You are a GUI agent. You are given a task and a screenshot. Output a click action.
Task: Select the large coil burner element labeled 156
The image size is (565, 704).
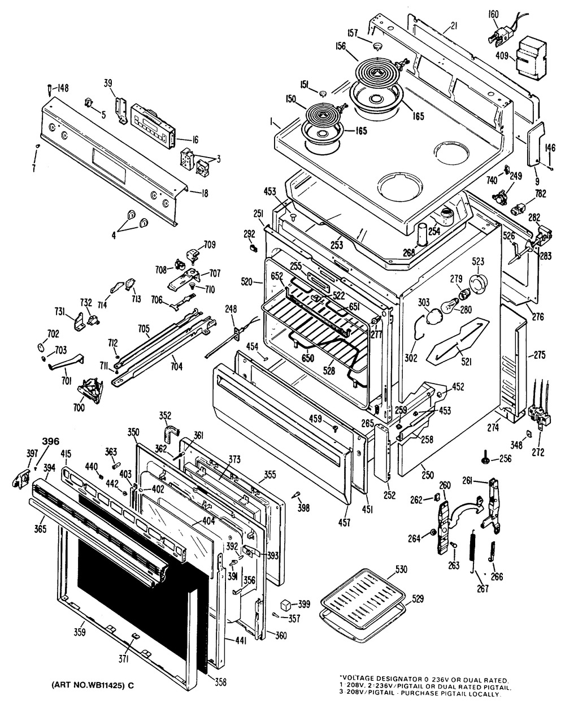(x=377, y=75)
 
